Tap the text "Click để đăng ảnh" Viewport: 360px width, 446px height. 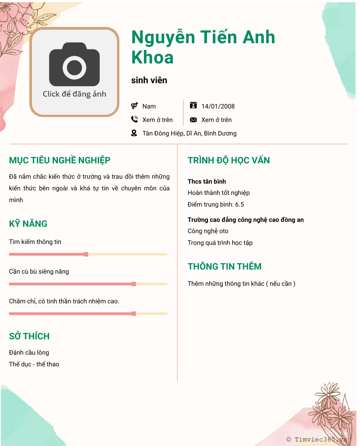coord(74,94)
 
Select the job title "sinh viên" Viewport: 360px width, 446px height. coord(149,81)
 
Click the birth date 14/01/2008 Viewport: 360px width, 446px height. coord(218,106)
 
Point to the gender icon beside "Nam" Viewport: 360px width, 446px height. coord(134,106)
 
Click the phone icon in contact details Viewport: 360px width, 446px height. coord(134,119)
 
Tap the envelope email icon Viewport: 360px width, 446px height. coord(193,120)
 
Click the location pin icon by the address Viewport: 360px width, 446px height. coord(134,133)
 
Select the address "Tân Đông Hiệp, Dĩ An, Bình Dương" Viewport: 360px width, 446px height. coord(189,133)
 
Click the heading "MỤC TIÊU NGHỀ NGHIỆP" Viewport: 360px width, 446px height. coord(60,160)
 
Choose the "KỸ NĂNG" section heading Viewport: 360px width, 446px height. coord(28,224)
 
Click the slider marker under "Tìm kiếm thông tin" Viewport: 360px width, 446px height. coord(86,254)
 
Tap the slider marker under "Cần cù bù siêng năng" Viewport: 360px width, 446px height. coord(134,284)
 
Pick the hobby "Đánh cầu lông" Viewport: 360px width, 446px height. coord(29,352)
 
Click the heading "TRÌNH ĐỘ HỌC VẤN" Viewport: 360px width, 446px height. coord(229,160)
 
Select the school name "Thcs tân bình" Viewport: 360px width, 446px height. coord(207,181)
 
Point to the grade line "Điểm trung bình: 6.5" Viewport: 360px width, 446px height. coord(216,204)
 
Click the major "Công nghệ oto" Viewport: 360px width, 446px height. coord(208,231)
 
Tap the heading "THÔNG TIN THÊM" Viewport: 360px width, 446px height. coord(225,266)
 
